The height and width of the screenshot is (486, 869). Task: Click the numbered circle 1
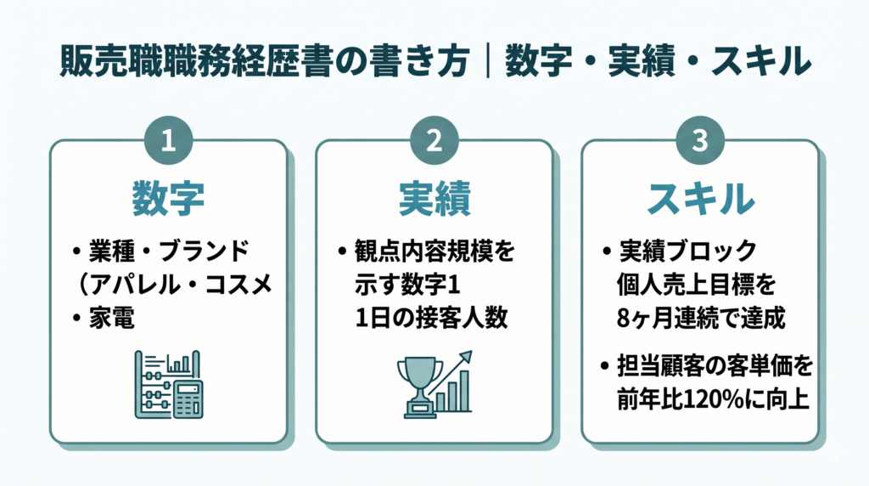click(169, 140)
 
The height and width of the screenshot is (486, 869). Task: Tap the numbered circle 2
click(434, 140)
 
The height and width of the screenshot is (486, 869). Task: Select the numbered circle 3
click(700, 140)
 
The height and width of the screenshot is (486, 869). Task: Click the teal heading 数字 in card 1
click(169, 199)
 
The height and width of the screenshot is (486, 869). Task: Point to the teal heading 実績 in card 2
click(434, 199)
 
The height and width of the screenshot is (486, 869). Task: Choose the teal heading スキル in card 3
click(700, 199)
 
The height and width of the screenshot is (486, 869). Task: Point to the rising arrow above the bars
click(450, 371)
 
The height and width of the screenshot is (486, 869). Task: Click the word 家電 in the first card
click(112, 319)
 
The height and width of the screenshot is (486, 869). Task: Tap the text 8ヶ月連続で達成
click(700, 319)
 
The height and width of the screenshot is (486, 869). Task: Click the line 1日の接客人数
click(431, 319)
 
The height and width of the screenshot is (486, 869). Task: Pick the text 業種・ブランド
click(169, 251)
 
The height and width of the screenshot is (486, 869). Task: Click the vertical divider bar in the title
click(488, 61)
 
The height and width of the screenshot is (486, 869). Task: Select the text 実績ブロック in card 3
click(687, 251)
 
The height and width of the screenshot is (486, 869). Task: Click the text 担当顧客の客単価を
click(715, 366)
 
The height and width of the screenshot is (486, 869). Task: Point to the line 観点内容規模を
click(434, 251)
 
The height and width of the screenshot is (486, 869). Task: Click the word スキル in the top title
click(761, 61)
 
